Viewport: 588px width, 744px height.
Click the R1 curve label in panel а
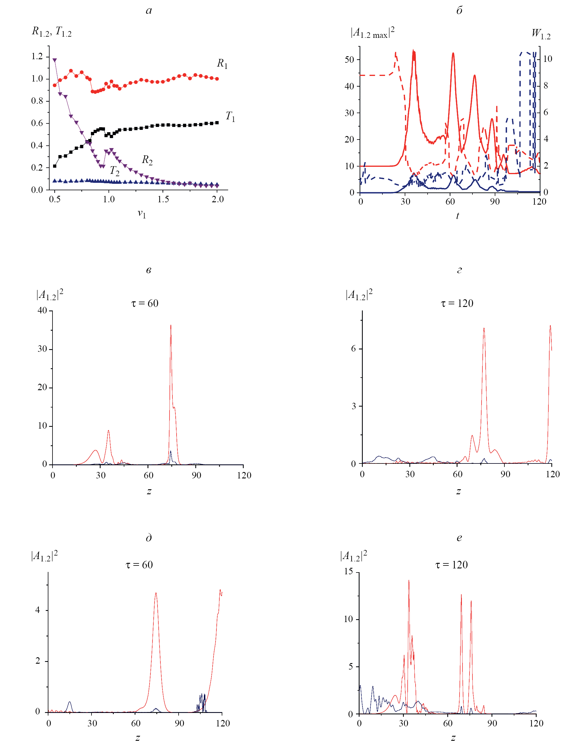(x=222, y=64)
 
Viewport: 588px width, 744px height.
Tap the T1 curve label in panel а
(x=230, y=117)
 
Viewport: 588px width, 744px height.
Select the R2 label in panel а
(x=147, y=160)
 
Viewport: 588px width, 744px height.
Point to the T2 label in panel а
(x=115, y=171)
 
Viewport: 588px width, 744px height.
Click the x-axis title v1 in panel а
(x=141, y=214)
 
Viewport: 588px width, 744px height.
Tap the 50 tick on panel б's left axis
(x=349, y=60)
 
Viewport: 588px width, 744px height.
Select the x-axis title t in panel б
(x=457, y=216)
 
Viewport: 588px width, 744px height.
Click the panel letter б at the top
(x=459, y=11)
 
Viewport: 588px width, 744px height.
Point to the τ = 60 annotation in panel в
(x=145, y=303)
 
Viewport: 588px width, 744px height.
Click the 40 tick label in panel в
(x=42, y=310)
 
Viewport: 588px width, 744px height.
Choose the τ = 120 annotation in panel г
(x=457, y=303)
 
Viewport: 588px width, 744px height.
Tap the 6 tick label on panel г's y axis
(x=354, y=349)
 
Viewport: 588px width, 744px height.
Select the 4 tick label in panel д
(x=38, y=610)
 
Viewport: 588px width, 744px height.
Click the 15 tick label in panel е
(x=349, y=572)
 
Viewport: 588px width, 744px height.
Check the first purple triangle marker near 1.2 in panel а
(x=54, y=60)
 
